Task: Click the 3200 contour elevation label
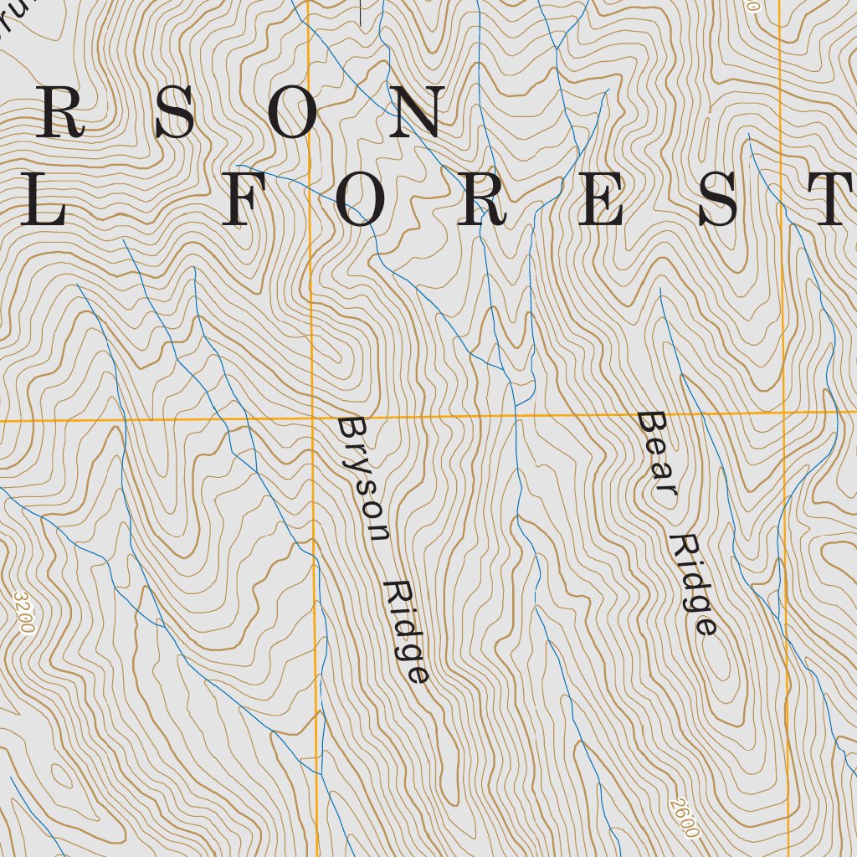tap(25, 613)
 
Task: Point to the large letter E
tap(601, 201)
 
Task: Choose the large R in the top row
tap(60, 114)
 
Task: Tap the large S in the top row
tap(174, 114)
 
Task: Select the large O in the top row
tap(292, 114)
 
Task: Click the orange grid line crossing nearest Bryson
tap(311, 417)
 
